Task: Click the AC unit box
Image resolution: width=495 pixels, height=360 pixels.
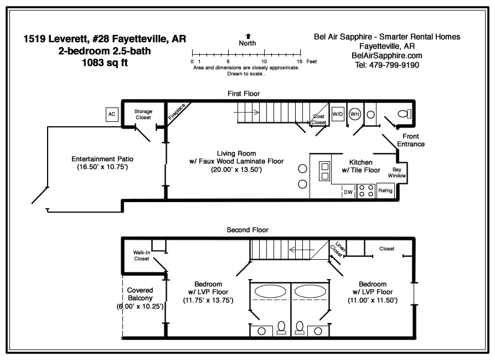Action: click(112, 114)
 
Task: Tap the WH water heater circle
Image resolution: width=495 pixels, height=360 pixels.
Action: click(355, 114)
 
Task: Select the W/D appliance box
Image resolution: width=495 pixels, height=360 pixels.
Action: click(338, 114)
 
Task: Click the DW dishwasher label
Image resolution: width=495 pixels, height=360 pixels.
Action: click(348, 192)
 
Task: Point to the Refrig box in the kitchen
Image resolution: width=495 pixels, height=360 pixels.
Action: click(385, 191)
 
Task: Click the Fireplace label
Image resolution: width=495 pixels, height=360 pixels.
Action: click(177, 112)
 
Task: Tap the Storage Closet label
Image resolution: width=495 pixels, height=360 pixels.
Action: click(143, 114)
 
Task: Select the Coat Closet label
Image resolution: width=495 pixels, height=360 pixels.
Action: click(318, 120)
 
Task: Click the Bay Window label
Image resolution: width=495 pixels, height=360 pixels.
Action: click(397, 172)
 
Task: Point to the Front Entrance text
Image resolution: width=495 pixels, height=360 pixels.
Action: click(411, 140)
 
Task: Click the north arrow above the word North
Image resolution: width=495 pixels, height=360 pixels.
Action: click(248, 37)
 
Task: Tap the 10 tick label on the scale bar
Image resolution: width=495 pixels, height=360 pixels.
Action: click(264, 61)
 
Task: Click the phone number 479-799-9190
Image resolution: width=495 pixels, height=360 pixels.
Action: click(394, 65)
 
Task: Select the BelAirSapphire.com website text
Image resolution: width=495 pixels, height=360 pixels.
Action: click(386, 55)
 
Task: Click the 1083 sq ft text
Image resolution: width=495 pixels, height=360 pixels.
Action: click(105, 63)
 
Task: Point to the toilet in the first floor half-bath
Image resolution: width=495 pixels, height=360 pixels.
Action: click(404, 114)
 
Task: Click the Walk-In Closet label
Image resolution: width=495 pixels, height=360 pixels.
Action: click(141, 255)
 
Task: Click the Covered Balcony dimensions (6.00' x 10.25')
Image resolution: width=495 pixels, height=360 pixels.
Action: click(140, 306)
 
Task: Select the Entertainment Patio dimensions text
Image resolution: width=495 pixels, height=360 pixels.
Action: click(102, 167)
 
